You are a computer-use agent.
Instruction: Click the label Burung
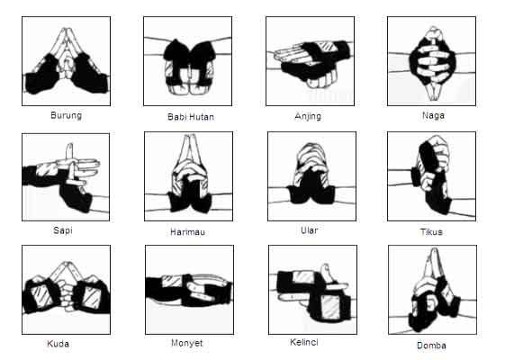66,115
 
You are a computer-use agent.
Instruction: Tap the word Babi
176,117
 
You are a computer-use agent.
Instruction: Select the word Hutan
201,117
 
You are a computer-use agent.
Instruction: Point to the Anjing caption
308,116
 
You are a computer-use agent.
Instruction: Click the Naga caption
433,115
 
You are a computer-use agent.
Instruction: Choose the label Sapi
63,230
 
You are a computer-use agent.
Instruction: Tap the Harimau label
187,232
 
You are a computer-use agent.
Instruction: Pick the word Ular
309,230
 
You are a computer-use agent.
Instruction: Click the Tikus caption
431,232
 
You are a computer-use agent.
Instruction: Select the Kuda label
58,344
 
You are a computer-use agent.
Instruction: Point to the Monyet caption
187,343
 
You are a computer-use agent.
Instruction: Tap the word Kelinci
304,342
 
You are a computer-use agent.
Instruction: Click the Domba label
431,346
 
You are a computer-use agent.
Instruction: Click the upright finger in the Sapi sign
69,151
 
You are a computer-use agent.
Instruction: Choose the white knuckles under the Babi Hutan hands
190,88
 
